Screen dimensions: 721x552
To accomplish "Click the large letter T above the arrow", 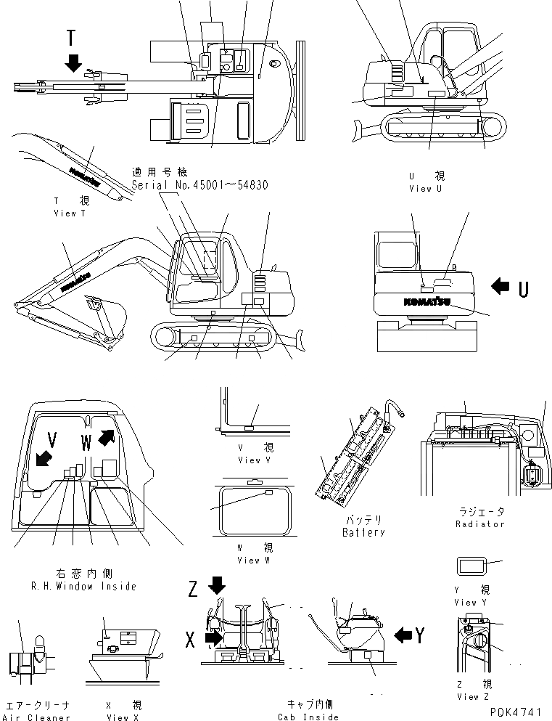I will (70, 38).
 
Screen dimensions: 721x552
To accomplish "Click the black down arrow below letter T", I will (73, 63).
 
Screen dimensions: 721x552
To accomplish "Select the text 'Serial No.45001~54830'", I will (199, 185).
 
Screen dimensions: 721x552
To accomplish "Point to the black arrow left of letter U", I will (500, 288).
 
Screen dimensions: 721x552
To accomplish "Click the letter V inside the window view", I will (52, 440).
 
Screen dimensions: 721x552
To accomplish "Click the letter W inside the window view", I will (86, 440).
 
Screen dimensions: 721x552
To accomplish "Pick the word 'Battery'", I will (363, 532).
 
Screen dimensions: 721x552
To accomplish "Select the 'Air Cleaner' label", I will (38, 717).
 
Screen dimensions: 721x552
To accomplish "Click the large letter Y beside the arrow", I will (419, 635).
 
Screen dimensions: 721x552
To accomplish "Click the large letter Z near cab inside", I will (193, 589).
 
